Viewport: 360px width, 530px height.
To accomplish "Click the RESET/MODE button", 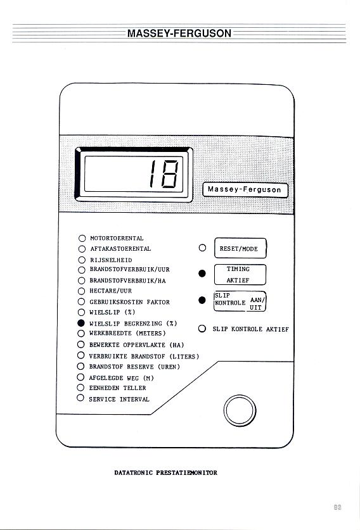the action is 240,248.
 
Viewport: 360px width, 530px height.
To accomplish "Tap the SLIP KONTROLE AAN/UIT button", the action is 240,301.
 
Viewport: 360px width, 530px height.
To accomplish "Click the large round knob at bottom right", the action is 240,410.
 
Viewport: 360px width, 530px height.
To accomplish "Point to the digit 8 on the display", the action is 169,174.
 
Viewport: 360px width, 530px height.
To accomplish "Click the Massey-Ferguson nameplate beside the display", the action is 245,189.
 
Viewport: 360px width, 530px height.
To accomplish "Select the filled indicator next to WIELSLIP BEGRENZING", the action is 81,323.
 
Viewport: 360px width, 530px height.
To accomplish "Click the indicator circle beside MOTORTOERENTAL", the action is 82,238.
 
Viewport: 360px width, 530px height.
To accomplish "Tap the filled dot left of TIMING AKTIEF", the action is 202,274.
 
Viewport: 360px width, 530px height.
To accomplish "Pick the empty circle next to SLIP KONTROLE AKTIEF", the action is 202,329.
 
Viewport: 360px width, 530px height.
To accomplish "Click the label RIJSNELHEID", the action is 111,260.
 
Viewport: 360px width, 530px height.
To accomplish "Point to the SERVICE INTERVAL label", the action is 119,399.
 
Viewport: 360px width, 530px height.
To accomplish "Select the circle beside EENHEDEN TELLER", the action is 80,388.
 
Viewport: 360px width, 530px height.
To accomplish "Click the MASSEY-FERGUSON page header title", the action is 179,33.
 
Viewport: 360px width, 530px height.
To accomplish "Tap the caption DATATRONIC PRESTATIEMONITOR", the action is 166,472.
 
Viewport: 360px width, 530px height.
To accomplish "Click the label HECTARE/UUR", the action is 111,291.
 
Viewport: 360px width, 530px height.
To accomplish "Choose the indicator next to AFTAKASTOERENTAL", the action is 82,249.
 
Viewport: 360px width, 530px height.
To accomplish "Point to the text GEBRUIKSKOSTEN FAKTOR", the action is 129,302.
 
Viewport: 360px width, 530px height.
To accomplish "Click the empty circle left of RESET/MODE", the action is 202,248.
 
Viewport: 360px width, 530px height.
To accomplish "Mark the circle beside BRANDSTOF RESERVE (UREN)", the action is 80,366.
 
